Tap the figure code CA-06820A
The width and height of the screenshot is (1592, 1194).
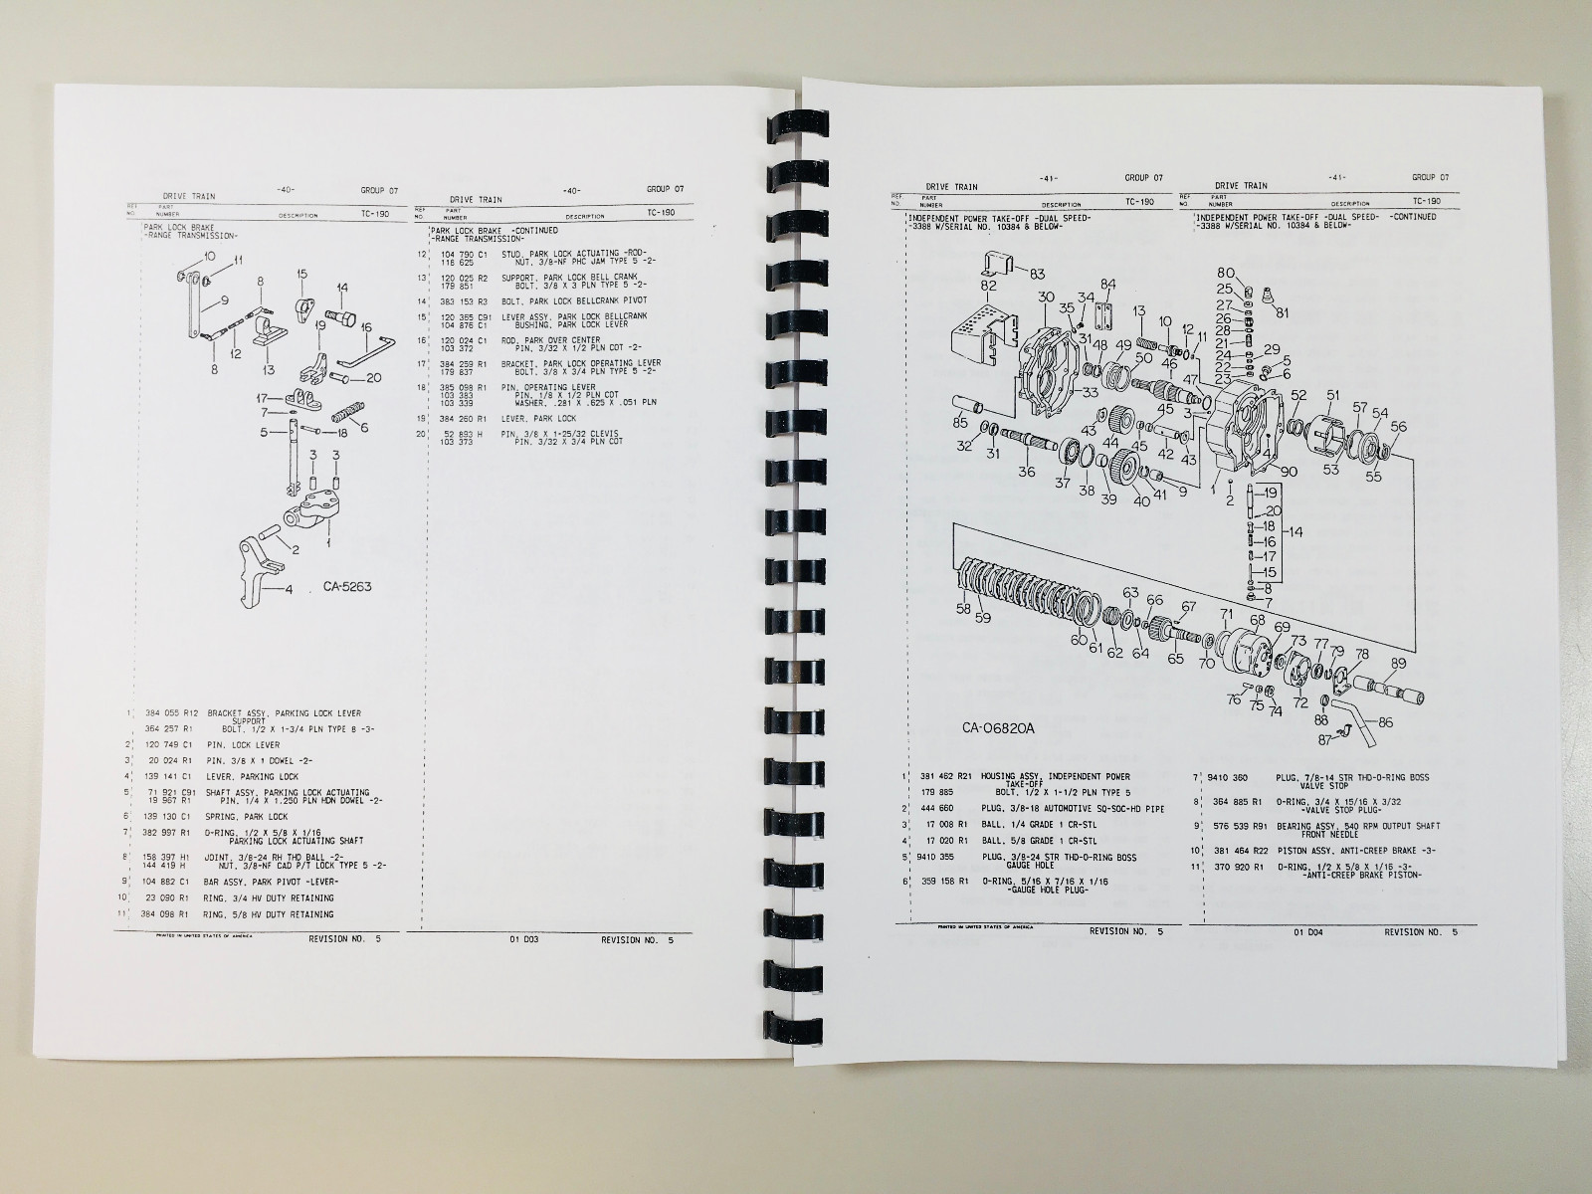pos(998,727)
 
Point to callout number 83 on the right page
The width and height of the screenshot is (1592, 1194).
pos(1037,274)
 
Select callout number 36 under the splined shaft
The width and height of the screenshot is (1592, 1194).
pos(1026,473)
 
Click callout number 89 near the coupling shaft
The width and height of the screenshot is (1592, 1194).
pos(1398,663)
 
